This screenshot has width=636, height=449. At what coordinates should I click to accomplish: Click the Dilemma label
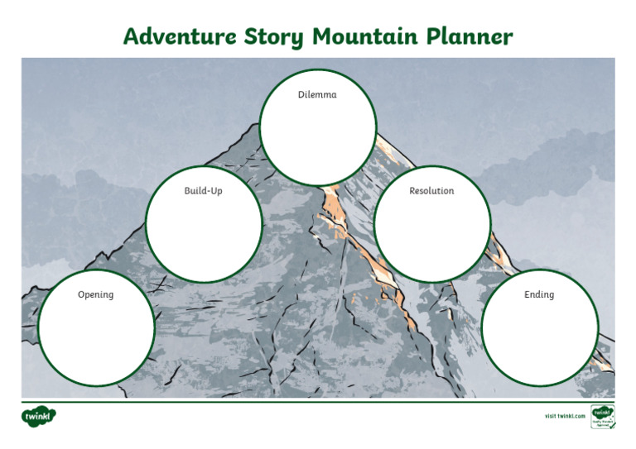[317, 95]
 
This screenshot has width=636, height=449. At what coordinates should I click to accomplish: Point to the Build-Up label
[203, 191]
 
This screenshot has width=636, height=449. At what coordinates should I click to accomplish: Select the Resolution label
[431, 191]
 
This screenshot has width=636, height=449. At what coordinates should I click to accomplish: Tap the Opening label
[95, 294]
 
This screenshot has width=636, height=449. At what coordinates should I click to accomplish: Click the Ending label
[539, 294]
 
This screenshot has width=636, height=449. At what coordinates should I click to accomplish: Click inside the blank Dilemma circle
[317, 141]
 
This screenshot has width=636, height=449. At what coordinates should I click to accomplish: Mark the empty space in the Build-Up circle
[204, 236]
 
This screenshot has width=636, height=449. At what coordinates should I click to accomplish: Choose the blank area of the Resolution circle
[431, 236]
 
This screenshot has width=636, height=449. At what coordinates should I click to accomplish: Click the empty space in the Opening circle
[96, 335]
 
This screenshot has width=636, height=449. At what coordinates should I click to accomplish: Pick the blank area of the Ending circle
[539, 335]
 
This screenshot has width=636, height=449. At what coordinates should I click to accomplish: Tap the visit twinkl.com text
[565, 415]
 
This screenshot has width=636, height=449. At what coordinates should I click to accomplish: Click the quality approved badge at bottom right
[602, 416]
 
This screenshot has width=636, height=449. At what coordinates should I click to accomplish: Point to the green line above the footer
[318, 401]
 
